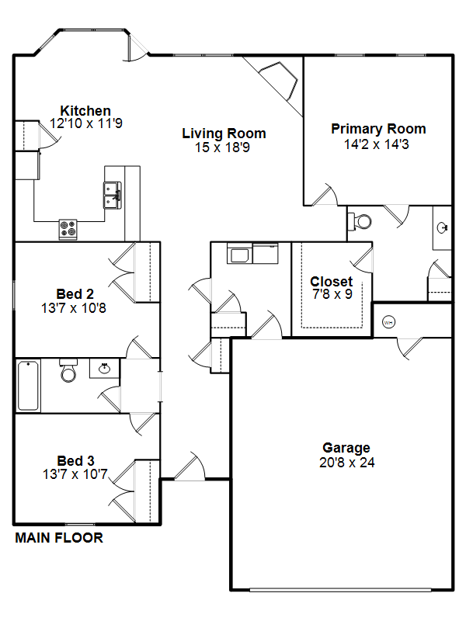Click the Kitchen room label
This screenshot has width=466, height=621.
click(x=85, y=110)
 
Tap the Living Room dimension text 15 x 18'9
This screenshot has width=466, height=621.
click(x=222, y=147)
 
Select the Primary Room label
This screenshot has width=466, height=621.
click(x=378, y=129)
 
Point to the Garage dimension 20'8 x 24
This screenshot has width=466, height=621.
click(x=346, y=462)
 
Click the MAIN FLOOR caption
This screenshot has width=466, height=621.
click(x=59, y=537)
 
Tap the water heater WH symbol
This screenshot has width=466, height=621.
click(x=389, y=322)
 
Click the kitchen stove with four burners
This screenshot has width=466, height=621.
click(x=68, y=229)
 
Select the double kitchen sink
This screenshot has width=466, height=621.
click(x=113, y=196)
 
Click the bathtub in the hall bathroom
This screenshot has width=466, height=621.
click(x=28, y=385)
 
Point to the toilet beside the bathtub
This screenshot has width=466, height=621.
click(x=68, y=370)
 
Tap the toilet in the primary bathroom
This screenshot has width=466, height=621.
click(x=360, y=221)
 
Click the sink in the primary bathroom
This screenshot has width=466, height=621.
click(x=442, y=227)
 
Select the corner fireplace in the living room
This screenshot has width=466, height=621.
click(x=278, y=81)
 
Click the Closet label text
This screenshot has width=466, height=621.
click(x=332, y=281)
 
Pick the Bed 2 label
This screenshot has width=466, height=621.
click(x=75, y=294)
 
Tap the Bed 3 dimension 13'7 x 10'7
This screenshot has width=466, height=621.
click(x=75, y=474)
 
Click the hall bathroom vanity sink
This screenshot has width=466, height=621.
click(x=104, y=368)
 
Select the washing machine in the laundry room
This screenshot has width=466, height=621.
click(x=239, y=254)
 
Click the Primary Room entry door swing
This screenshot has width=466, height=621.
click(x=325, y=195)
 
